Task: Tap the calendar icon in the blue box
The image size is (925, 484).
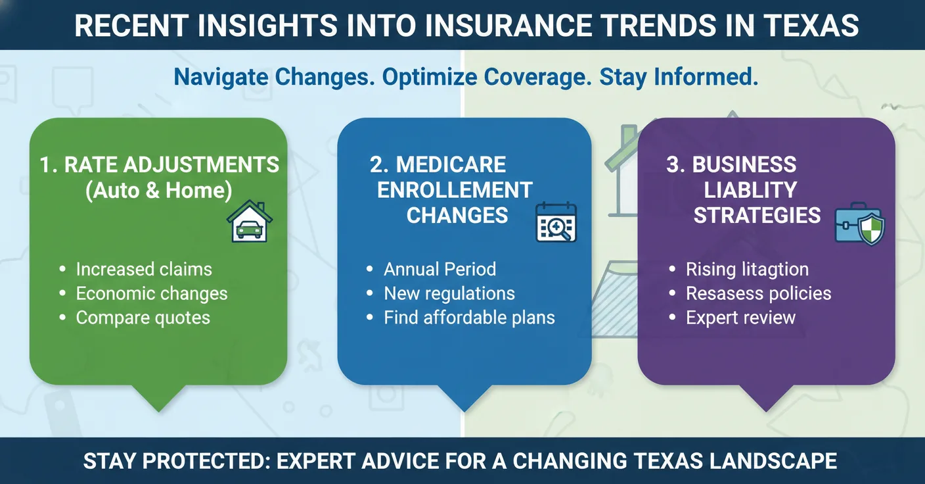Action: (556, 222)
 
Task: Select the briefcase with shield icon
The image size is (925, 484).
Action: (859, 226)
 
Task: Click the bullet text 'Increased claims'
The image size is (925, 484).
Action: (144, 269)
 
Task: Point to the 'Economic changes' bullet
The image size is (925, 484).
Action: (152, 293)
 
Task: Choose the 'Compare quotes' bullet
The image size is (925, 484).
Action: (143, 318)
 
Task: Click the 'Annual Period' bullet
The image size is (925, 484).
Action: (440, 269)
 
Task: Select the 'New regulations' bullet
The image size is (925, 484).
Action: (449, 293)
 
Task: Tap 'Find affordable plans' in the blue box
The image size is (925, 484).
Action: (469, 318)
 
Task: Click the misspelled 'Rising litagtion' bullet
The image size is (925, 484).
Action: (747, 269)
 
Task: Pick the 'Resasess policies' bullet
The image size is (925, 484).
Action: (758, 293)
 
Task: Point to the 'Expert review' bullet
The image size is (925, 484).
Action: (740, 318)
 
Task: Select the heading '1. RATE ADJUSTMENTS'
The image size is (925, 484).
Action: (159, 164)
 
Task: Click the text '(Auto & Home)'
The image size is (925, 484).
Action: (158, 190)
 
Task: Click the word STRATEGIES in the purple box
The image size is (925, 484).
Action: (757, 215)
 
